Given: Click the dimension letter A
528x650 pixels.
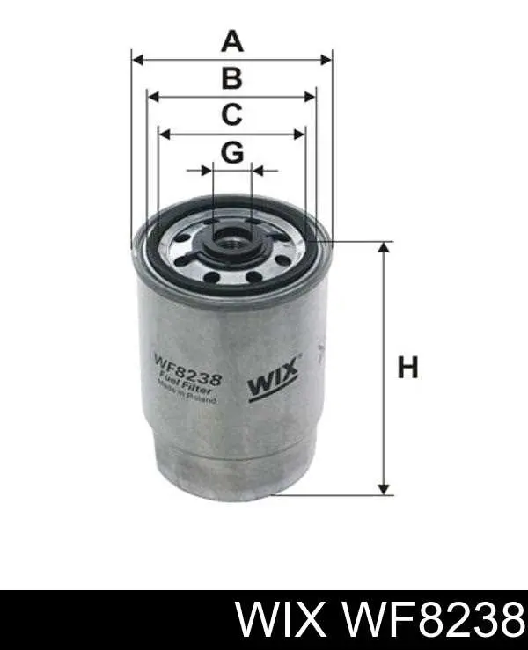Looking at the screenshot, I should (231, 41).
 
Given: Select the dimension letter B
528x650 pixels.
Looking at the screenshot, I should (231, 79).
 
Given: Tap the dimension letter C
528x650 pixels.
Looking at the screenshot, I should (231, 114).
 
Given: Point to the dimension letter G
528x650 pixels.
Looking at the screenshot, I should (231, 153).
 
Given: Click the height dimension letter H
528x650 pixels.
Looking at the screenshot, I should (407, 367).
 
